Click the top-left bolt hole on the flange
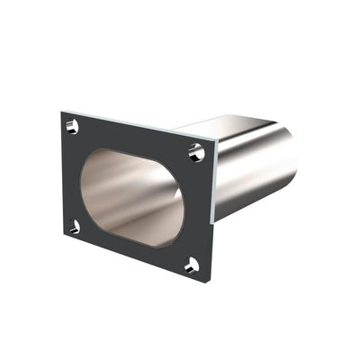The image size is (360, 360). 74,127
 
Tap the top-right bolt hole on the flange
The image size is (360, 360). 196,152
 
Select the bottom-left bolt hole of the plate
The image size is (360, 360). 74,226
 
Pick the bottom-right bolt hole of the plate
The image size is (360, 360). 191,265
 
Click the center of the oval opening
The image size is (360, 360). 132,197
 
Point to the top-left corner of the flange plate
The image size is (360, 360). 62,112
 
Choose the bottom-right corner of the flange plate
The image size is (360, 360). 209,281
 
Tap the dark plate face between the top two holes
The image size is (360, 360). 135,137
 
